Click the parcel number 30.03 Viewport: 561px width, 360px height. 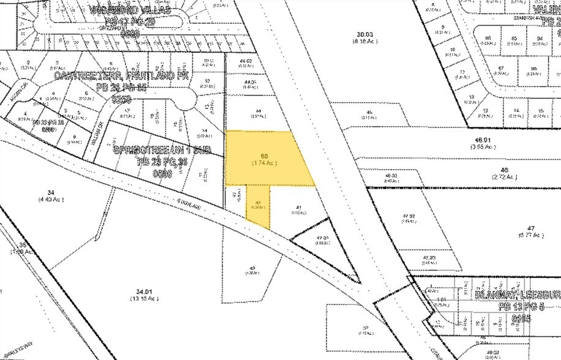365,37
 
